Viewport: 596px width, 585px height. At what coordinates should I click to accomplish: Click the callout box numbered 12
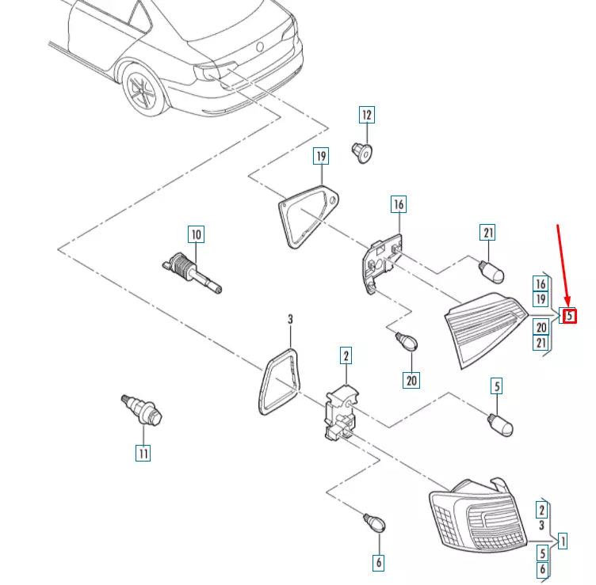(x=367, y=115)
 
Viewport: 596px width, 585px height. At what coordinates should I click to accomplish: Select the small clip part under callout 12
(x=362, y=153)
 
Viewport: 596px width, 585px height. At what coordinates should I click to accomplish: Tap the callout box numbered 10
(x=196, y=234)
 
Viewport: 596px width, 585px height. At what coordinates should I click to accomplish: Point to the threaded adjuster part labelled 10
(x=192, y=273)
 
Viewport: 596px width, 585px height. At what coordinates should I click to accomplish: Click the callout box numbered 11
(x=143, y=454)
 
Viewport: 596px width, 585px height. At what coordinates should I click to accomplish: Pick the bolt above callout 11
(x=142, y=410)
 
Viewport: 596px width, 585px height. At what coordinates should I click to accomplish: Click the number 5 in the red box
(x=569, y=316)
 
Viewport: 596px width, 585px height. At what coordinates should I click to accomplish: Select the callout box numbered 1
(x=563, y=541)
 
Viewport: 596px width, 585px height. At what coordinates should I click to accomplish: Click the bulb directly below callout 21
(x=491, y=270)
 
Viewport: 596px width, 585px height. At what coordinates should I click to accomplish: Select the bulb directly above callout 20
(x=407, y=341)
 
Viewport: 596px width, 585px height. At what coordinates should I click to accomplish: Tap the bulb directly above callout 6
(x=374, y=522)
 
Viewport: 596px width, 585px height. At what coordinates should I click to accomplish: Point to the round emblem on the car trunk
(x=260, y=47)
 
